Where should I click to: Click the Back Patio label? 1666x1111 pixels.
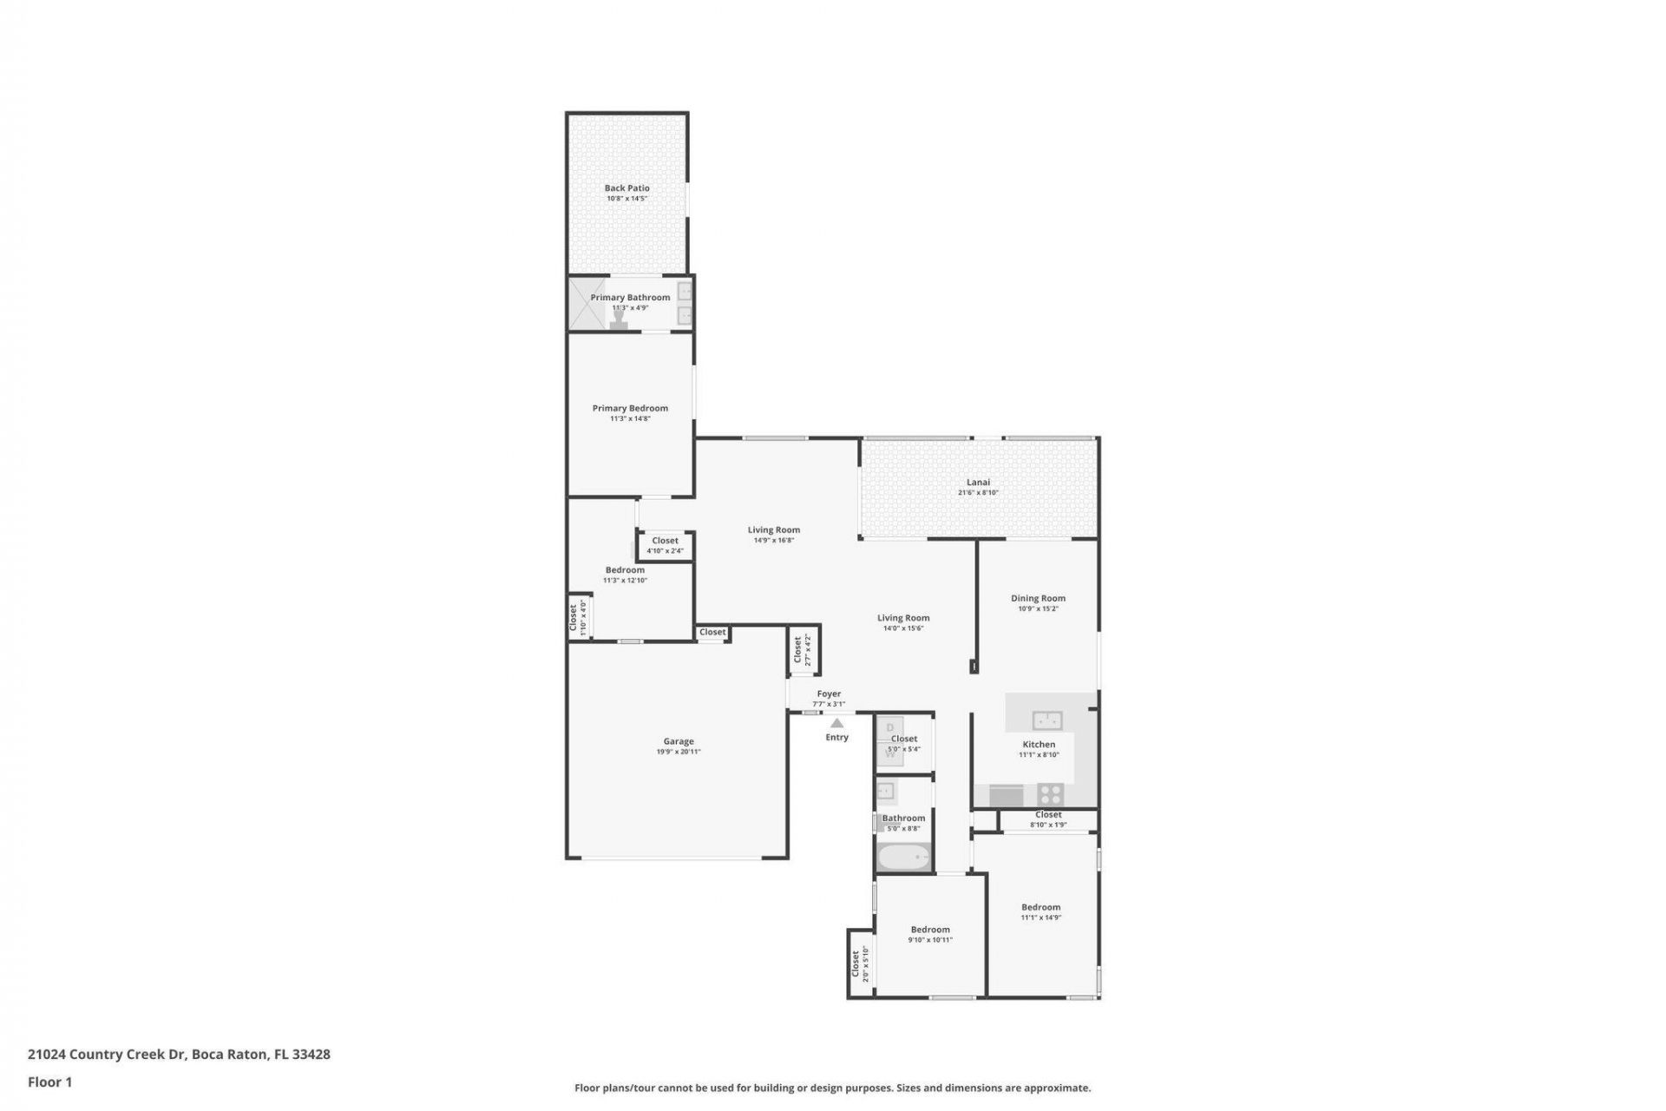626,187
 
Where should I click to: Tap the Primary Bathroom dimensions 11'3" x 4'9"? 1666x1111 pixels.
630,308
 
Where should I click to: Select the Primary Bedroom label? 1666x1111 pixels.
630,408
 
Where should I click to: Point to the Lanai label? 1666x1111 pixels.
978,483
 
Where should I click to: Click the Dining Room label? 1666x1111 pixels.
1038,598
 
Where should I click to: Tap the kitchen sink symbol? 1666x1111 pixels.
1047,720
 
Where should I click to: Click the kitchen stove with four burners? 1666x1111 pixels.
1051,793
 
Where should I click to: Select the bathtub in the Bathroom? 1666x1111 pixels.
903,858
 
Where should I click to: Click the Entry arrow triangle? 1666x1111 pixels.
836,723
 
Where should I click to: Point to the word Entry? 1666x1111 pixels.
836,738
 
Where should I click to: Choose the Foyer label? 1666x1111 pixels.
829,694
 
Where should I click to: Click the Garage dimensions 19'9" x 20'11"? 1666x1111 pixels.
679,752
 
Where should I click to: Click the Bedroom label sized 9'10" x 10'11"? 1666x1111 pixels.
930,930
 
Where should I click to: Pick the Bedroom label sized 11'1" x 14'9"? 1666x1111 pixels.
1040,907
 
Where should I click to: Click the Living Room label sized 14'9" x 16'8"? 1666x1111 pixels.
773,529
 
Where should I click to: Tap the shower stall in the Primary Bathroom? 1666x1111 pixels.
587,303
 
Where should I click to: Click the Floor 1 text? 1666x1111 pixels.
49,1081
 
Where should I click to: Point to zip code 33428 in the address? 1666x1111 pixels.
311,1055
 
